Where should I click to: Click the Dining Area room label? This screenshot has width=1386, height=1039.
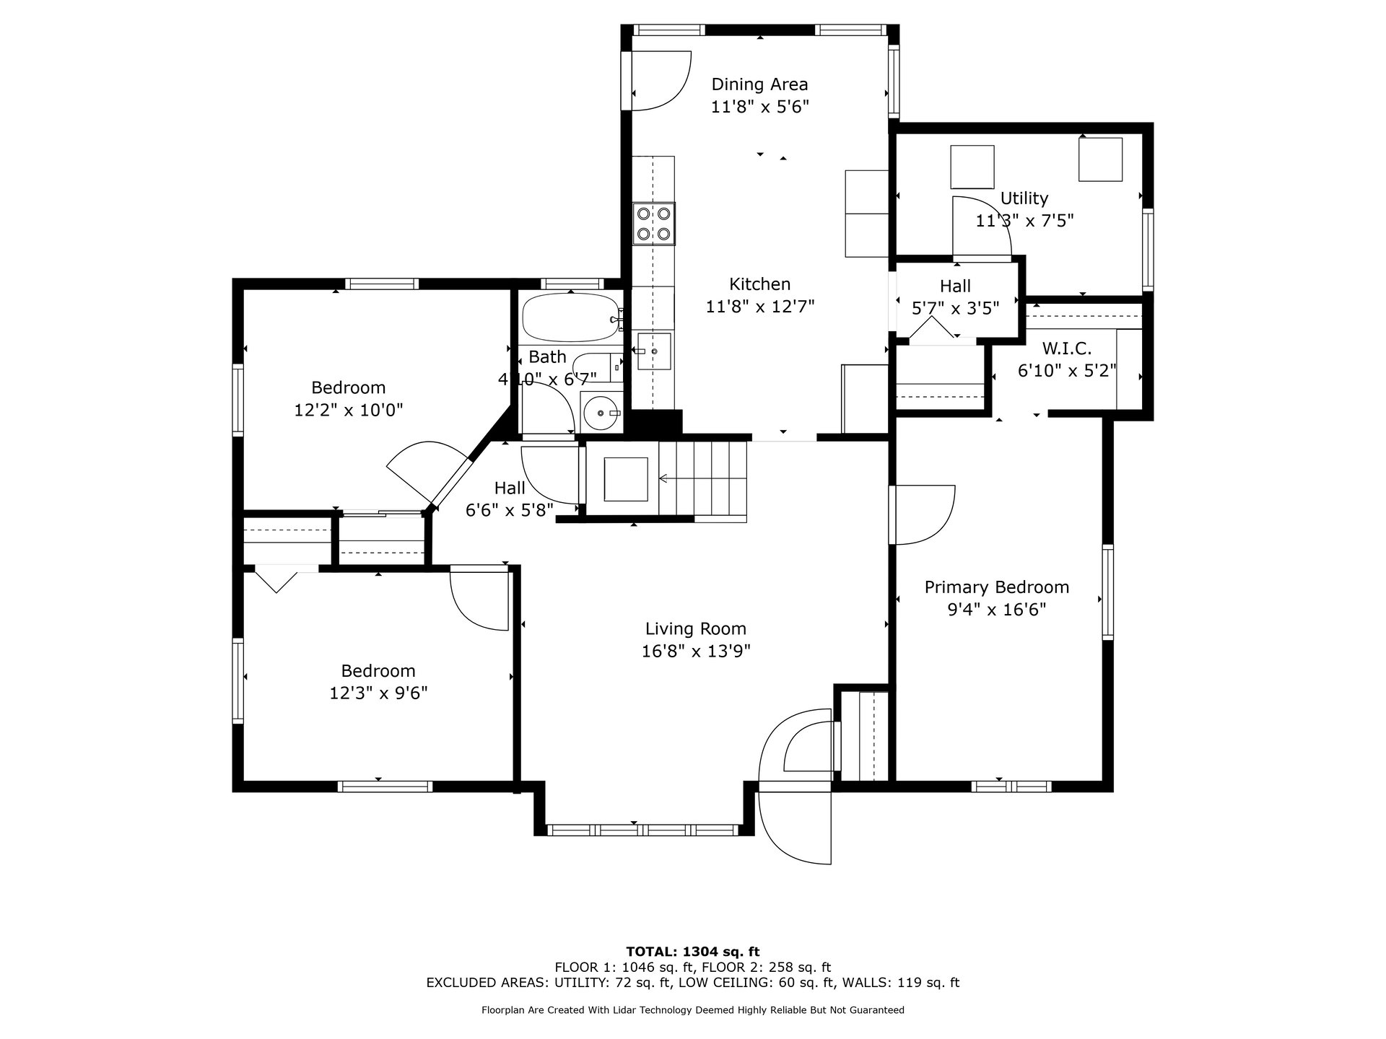pos(759,84)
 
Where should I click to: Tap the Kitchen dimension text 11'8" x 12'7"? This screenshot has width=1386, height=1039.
pos(759,307)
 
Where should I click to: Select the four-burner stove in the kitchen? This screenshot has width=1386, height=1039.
pos(653,224)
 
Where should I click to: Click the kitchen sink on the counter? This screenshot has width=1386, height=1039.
pos(654,351)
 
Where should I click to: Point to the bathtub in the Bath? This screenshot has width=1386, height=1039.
pos(571,317)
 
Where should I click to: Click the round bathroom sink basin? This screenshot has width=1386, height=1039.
pos(601,413)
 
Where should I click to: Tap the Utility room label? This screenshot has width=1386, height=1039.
pos(1024,198)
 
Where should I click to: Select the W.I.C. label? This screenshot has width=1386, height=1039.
pos(1066,348)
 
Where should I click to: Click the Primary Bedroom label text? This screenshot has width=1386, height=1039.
pos(996,587)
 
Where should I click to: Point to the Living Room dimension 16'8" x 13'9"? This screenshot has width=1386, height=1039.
pos(696,652)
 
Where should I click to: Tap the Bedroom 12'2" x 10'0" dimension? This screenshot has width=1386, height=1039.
pos(348,411)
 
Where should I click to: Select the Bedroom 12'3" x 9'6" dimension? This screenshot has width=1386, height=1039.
pos(378,693)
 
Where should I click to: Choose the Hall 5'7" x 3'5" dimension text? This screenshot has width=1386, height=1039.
pos(955,309)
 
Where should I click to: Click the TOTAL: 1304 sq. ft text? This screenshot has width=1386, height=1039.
pos(693,952)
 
